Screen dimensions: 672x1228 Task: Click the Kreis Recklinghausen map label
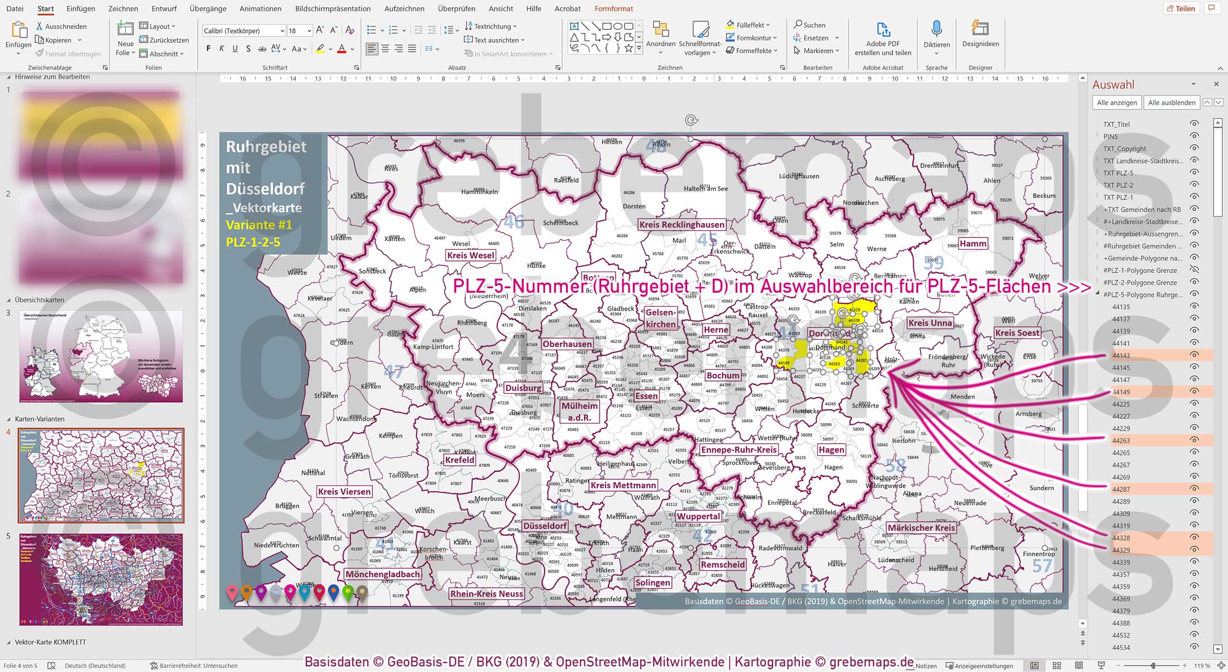682,225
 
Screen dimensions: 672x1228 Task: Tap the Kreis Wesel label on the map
471,255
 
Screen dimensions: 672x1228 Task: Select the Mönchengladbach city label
382,574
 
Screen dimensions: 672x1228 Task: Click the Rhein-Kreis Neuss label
486,594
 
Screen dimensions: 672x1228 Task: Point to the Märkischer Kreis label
921,528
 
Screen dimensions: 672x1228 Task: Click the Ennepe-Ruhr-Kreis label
739,450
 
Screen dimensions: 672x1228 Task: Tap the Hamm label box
973,244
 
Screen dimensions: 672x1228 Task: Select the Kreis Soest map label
1017,333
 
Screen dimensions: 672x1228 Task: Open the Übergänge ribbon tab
208,8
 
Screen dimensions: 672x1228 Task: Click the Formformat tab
613,8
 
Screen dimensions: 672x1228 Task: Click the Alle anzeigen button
1116,103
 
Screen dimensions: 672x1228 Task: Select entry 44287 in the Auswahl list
1121,489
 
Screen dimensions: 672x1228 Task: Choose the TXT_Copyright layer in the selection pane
1124,149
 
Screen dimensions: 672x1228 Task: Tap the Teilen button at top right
1181,8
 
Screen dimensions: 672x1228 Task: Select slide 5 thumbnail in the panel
101,579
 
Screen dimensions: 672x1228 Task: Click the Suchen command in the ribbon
810,25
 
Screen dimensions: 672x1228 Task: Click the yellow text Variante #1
259,225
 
